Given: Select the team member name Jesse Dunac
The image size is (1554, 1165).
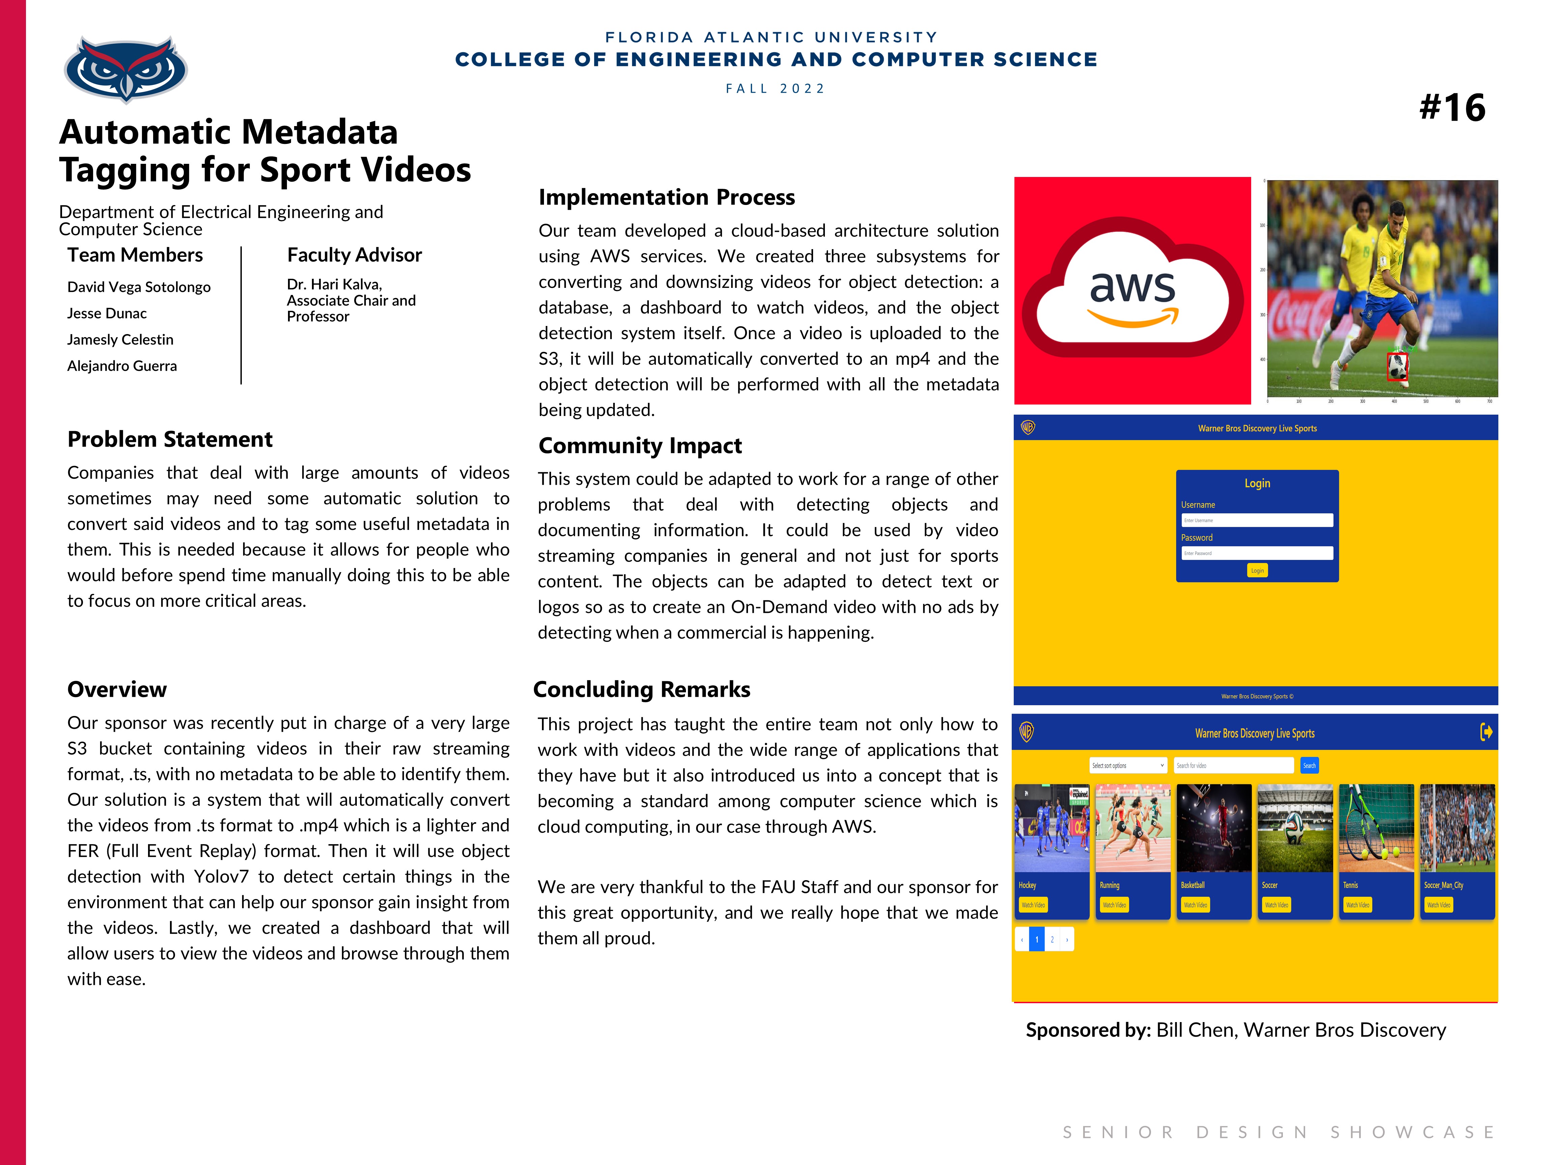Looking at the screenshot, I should point(107,313).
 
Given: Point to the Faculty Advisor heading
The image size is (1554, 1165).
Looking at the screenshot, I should point(354,255).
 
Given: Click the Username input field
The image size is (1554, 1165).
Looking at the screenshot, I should point(1257,520).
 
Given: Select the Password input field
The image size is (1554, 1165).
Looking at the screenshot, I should point(1257,554).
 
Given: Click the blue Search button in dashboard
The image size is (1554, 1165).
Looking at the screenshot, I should point(1310,766).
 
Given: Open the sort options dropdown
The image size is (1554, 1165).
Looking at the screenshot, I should point(1128,766).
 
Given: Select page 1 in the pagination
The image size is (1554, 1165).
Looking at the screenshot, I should point(1037,939).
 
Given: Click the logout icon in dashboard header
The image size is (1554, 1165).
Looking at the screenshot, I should point(1486,733).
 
